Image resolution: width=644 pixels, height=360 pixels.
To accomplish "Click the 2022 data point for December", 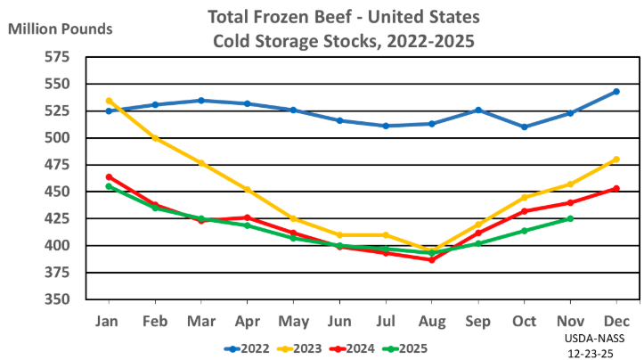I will [616, 92].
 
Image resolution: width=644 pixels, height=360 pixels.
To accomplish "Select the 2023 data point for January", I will [109, 101].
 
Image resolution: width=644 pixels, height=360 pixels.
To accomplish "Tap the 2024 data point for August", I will [432, 259].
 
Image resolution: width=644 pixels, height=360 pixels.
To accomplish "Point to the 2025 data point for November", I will [570, 218].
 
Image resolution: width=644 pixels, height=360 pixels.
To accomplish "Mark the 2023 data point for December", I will [616, 160].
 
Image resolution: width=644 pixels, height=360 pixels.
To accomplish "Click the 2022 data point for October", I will [525, 127].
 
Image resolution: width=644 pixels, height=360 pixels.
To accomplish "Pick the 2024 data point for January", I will [109, 177].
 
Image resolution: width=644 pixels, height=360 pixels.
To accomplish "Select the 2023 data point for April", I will [248, 189].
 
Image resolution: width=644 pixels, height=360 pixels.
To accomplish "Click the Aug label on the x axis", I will [432, 319].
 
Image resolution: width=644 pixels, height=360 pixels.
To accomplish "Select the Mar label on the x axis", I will [201, 319].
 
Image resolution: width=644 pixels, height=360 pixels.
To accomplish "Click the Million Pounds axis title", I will [61, 29].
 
